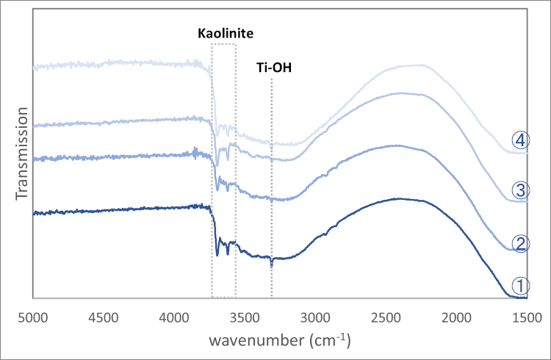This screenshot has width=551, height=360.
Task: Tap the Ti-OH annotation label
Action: pos(272,69)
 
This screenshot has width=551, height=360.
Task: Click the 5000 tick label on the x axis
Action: pos(33,318)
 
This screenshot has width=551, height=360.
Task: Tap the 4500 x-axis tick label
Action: pos(104,318)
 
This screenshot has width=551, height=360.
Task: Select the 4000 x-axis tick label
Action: pos(174,318)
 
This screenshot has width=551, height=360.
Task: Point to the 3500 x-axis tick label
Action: pos(245,318)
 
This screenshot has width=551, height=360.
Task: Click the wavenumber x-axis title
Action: pos(279,341)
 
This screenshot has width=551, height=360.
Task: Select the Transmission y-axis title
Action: pos(23,152)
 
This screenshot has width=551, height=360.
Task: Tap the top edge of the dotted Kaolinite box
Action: pos(223,44)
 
